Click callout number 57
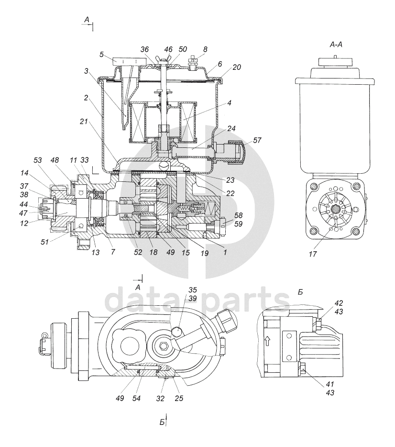coord(257,140)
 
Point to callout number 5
coord(101,54)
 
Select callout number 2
coord(87,98)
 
